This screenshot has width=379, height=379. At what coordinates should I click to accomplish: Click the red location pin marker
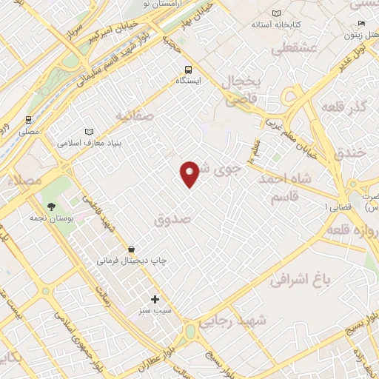tap(190, 173)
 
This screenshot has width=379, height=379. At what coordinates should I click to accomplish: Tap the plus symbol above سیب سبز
tap(155, 299)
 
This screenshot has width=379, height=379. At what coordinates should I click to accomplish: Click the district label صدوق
tap(172, 220)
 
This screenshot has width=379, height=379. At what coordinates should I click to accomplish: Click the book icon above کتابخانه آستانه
tap(277, 14)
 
